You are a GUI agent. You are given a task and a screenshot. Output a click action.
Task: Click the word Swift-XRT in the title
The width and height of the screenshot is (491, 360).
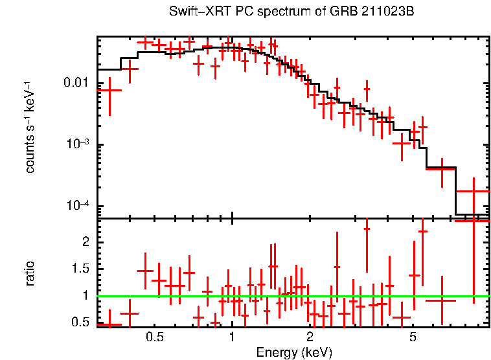pos(194,12)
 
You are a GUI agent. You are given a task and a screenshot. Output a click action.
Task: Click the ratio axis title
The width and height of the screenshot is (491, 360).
pos(30,273)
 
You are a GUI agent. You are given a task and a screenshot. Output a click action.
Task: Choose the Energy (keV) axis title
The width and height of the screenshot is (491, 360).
pos(293,352)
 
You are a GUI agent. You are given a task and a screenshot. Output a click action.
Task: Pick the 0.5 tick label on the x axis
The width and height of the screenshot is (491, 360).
pos(154,337)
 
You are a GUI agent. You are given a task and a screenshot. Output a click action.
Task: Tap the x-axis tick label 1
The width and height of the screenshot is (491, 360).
pos(232,337)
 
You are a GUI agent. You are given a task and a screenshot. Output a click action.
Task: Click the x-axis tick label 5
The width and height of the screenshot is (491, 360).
pos(413,337)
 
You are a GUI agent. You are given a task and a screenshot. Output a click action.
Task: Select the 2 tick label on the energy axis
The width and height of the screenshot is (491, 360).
pos(310,337)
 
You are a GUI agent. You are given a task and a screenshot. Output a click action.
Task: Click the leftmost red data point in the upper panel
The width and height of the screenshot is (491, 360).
pos(109,90)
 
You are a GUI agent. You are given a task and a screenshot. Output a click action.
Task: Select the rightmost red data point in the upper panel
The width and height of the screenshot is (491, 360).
pos(474,192)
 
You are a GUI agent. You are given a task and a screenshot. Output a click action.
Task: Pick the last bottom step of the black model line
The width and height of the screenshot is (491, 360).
pos(472,214)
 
